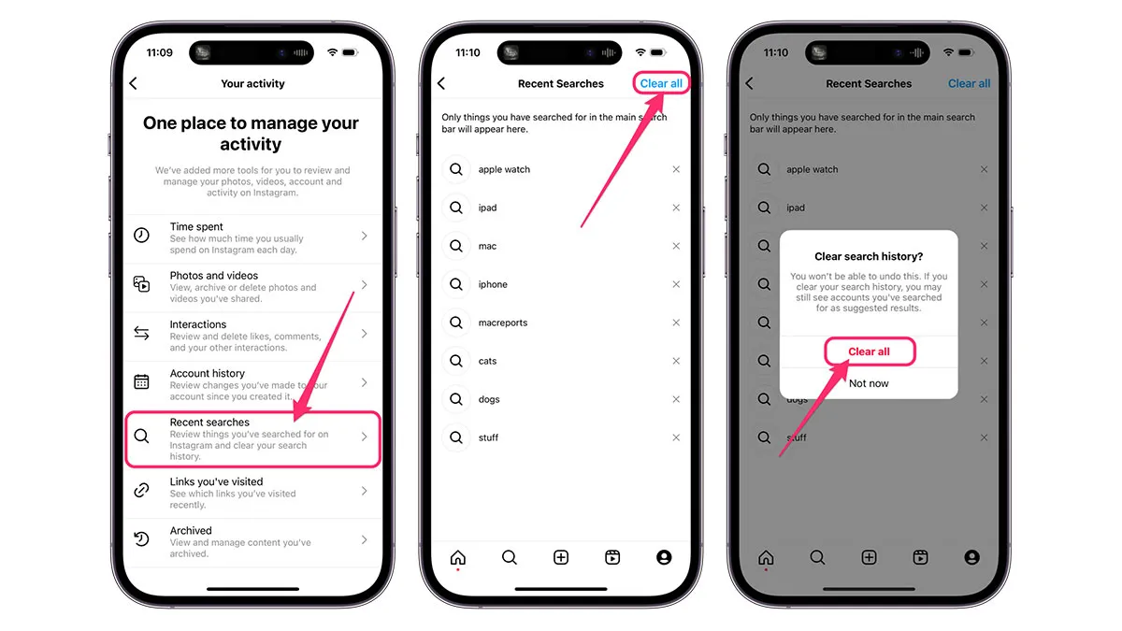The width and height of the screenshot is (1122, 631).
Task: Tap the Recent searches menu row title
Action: click(x=209, y=423)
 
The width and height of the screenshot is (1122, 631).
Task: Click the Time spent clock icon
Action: click(x=141, y=235)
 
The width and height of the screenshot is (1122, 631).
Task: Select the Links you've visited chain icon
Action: click(x=141, y=490)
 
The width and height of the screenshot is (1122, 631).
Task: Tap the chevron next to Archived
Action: click(x=364, y=539)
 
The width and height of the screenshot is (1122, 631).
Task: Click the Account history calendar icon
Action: click(x=141, y=381)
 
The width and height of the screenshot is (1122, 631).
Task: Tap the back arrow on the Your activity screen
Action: click(x=133, y=83)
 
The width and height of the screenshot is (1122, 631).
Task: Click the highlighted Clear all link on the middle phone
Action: click(x=661, y=83)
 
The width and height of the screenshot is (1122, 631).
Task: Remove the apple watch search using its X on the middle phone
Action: click(x=676, y=169)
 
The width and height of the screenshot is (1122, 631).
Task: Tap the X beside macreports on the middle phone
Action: click(x=676, y=323)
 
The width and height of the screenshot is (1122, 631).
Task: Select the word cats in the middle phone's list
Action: click(x=487, y=361)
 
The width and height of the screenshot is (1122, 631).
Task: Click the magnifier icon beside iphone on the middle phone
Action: click(x=456, y=284)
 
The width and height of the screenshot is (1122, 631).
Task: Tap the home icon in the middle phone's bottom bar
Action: click(x=458, y=557)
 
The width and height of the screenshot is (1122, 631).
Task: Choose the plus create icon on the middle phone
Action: click(x=560, y=557)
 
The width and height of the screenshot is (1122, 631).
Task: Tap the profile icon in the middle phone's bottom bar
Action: click(x=664, y=557)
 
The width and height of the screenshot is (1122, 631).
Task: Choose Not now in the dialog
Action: click(x=869, y=383)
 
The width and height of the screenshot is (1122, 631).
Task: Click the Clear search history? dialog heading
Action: click(x=869, y=256)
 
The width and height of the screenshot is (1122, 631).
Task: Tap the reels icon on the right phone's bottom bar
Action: click(x=920, y=557)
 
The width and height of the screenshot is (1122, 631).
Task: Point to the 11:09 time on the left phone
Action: click(x=159, y=52)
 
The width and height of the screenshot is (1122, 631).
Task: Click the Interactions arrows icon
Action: click(x=141, y=333)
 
